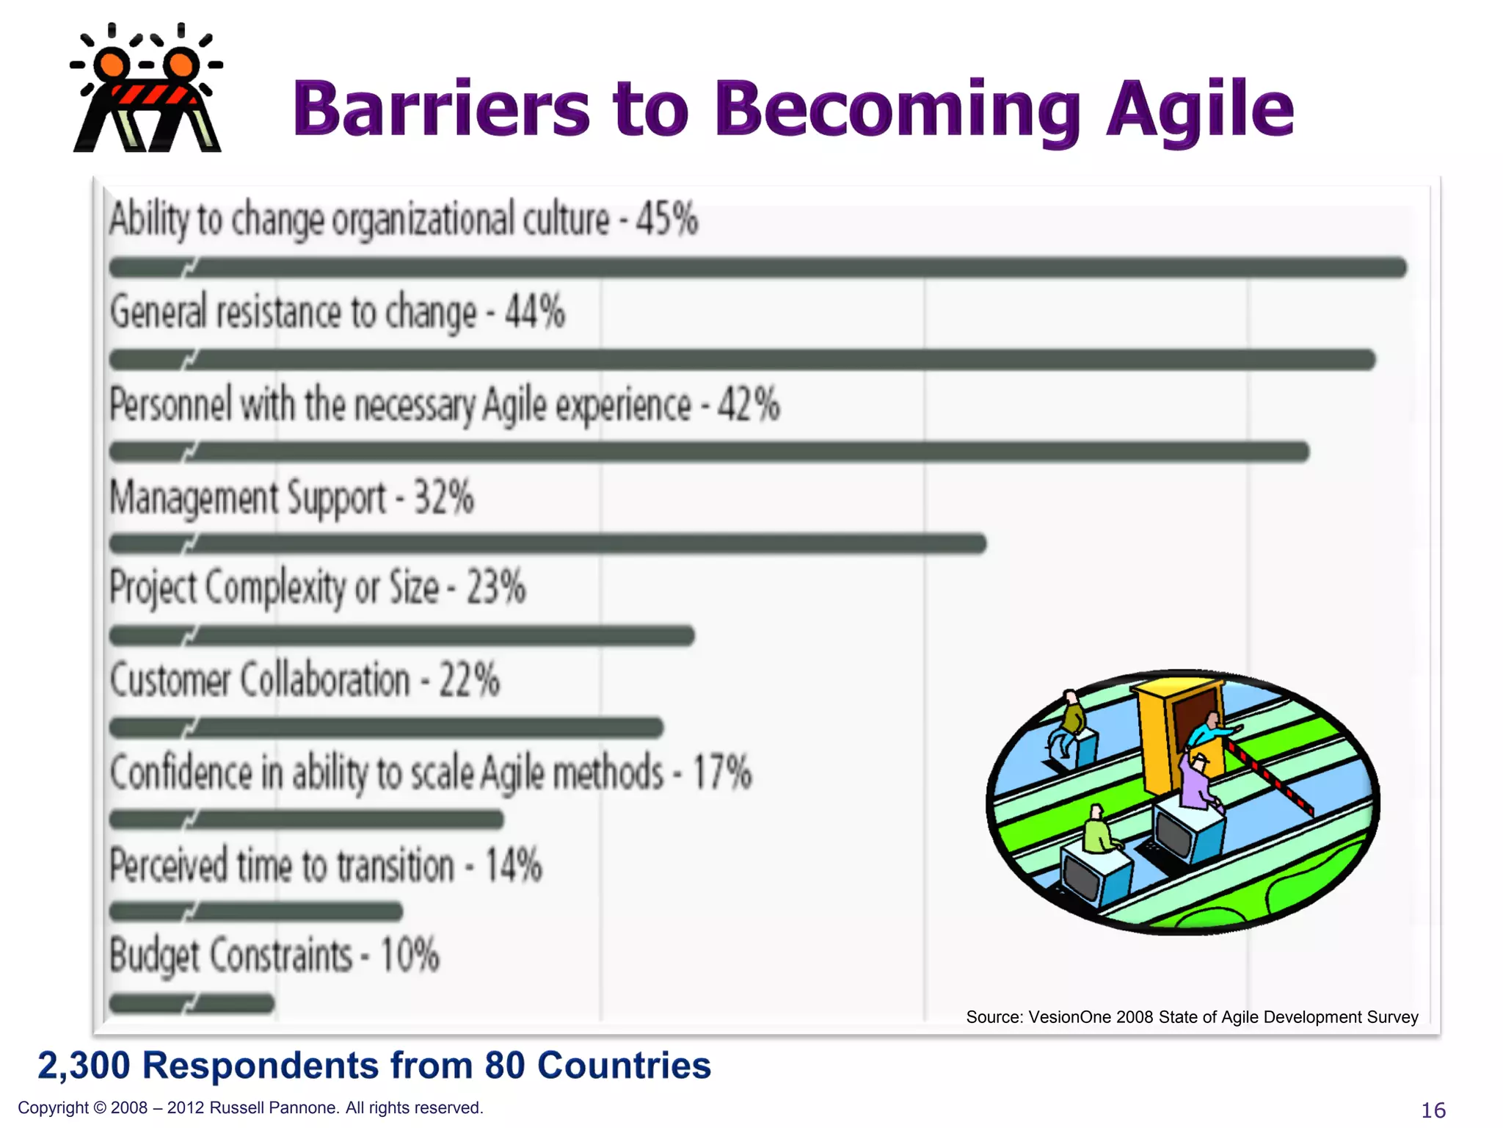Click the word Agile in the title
(x=1200, y=110)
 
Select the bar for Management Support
(x=547, y=543)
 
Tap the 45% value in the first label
(x=666, y=219)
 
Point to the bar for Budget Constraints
(x=192, y=1002)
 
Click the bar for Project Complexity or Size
(x=401, y=635)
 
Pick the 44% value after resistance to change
(x=535, y=311)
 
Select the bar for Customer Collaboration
(x=386, y=728)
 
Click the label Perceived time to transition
(x=282, y=865)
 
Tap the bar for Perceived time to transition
(x=255, y=911)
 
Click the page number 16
(x=1433, y=1110)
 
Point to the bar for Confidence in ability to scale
(x=306, y=819)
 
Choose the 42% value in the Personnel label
(x=749, y=405)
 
